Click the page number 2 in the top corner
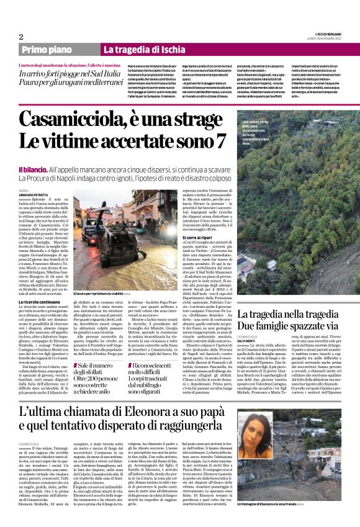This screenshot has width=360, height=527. pos(21,37)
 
